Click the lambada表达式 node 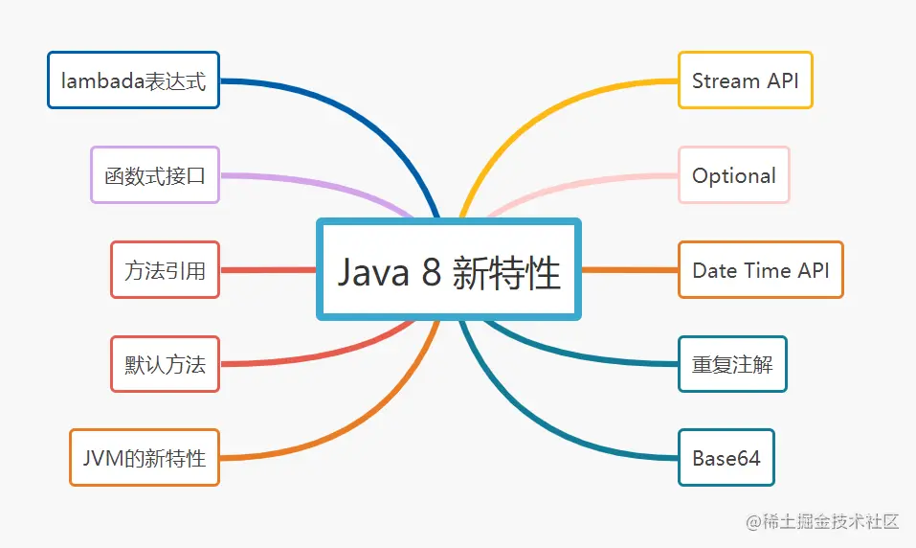click(133, 80)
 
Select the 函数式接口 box click(155, 174)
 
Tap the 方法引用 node click(165, 269)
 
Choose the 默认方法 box click(165, 364)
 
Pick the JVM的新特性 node click(144, 457)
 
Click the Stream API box click(745, 80)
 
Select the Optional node click(734, 174)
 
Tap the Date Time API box click(760, 269)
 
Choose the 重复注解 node click(732, 364)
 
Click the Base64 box click(726, 457)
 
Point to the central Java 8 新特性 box click(449, 271)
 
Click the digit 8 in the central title click(432, 273)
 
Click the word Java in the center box click(373, 273)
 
